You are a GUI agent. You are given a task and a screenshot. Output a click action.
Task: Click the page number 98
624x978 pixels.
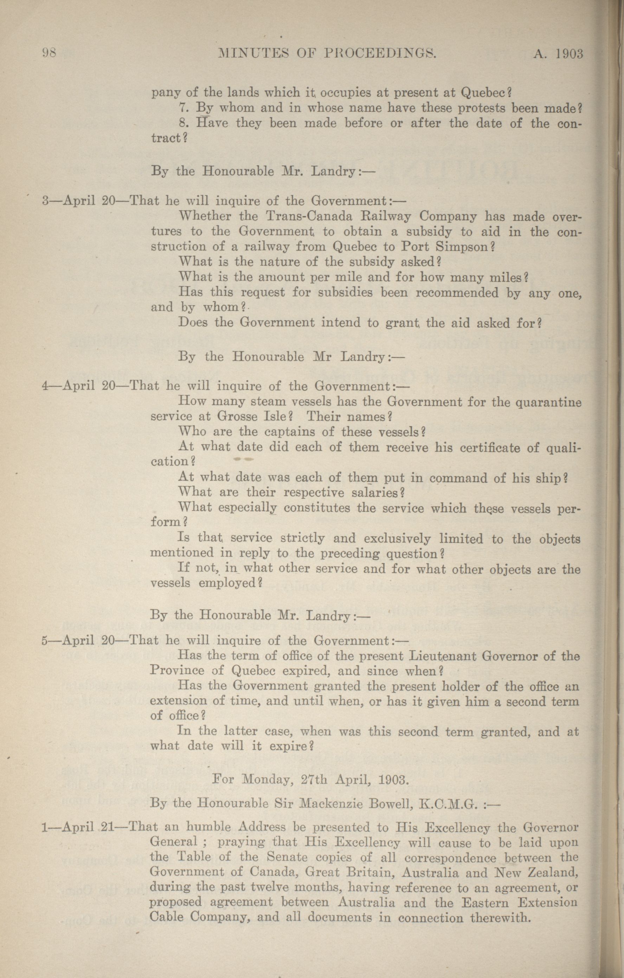tap(51, 54)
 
